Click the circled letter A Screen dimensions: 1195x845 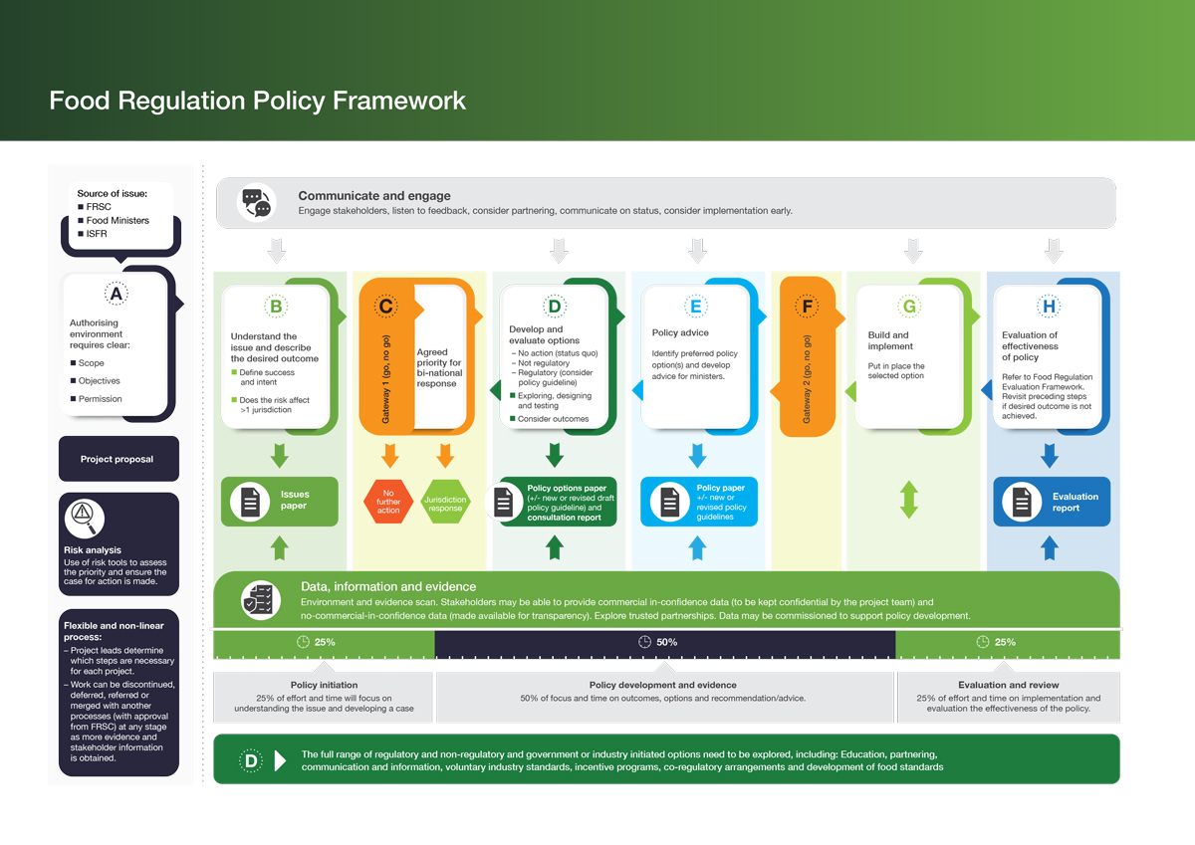pyautogui.click(x=116, y=294)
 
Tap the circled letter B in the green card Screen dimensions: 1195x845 pyautogui.click(x=276, y=307)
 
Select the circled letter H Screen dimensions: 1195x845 pyautogui.click(x=1049, y=307)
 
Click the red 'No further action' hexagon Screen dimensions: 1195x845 pyautogui.click(x=388, y=502)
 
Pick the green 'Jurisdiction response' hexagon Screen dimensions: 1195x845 pyautogui.click(x=445, y=502)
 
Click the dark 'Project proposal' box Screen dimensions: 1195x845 pyautogui.click(x=119, y=459)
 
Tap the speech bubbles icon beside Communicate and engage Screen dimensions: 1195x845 pyautogui.click(x=257, y=203)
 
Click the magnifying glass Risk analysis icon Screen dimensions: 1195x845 pyautogui.click(x=85, y=519)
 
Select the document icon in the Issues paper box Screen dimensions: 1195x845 pyautogui.click(x=250, y=502)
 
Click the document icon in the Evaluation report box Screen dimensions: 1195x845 pyautogui.click(x=1022, y=502)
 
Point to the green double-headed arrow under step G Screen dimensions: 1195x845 pyautogui.click(x=909, y=500)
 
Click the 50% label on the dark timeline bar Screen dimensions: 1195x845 pyautogui.click(x=666, y=642)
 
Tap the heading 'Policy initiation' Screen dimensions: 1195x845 pyautogui.click(x=324, y=685)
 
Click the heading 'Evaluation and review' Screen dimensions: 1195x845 pyautogui.click(x=1008, y=685)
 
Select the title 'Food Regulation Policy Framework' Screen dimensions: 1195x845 pyautogui.click(x=258, y=101)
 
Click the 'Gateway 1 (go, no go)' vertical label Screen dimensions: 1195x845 pyautogui.click(x=385, y=379)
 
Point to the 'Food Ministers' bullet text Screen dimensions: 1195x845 pyautogui.click(x=118, y=220)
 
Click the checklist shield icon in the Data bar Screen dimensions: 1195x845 pyautogui.click(x=260, y=600)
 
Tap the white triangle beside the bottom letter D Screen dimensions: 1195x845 pyautogui.click(x=280, y=760)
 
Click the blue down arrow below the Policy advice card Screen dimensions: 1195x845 pyautogui.click(x=697, y=456)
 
